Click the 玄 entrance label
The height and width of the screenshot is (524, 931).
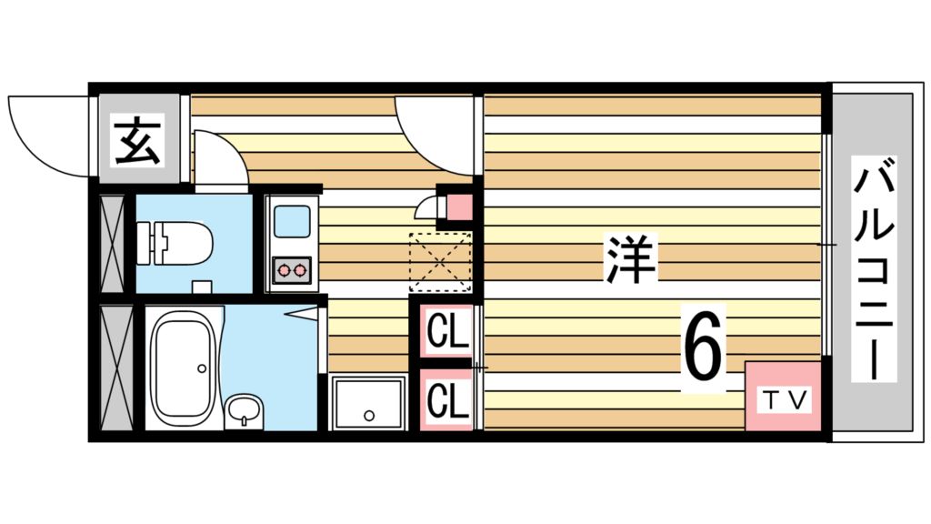[x=138, y=141]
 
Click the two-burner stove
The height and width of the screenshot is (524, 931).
[x=292, y=269]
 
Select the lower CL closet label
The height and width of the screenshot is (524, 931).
[x=446, y=398]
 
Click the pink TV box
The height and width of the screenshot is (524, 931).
[x=783, y=398]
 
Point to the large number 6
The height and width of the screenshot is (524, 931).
[x=704, y=346]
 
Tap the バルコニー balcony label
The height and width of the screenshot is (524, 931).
[x=875, y=268]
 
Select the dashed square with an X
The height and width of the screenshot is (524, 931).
[x=440, y=263]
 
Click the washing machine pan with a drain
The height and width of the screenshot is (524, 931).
[x=368, y=403]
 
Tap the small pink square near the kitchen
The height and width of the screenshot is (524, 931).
[x=460, y=208]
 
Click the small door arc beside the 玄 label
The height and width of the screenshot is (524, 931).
[x=218, y=160]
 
